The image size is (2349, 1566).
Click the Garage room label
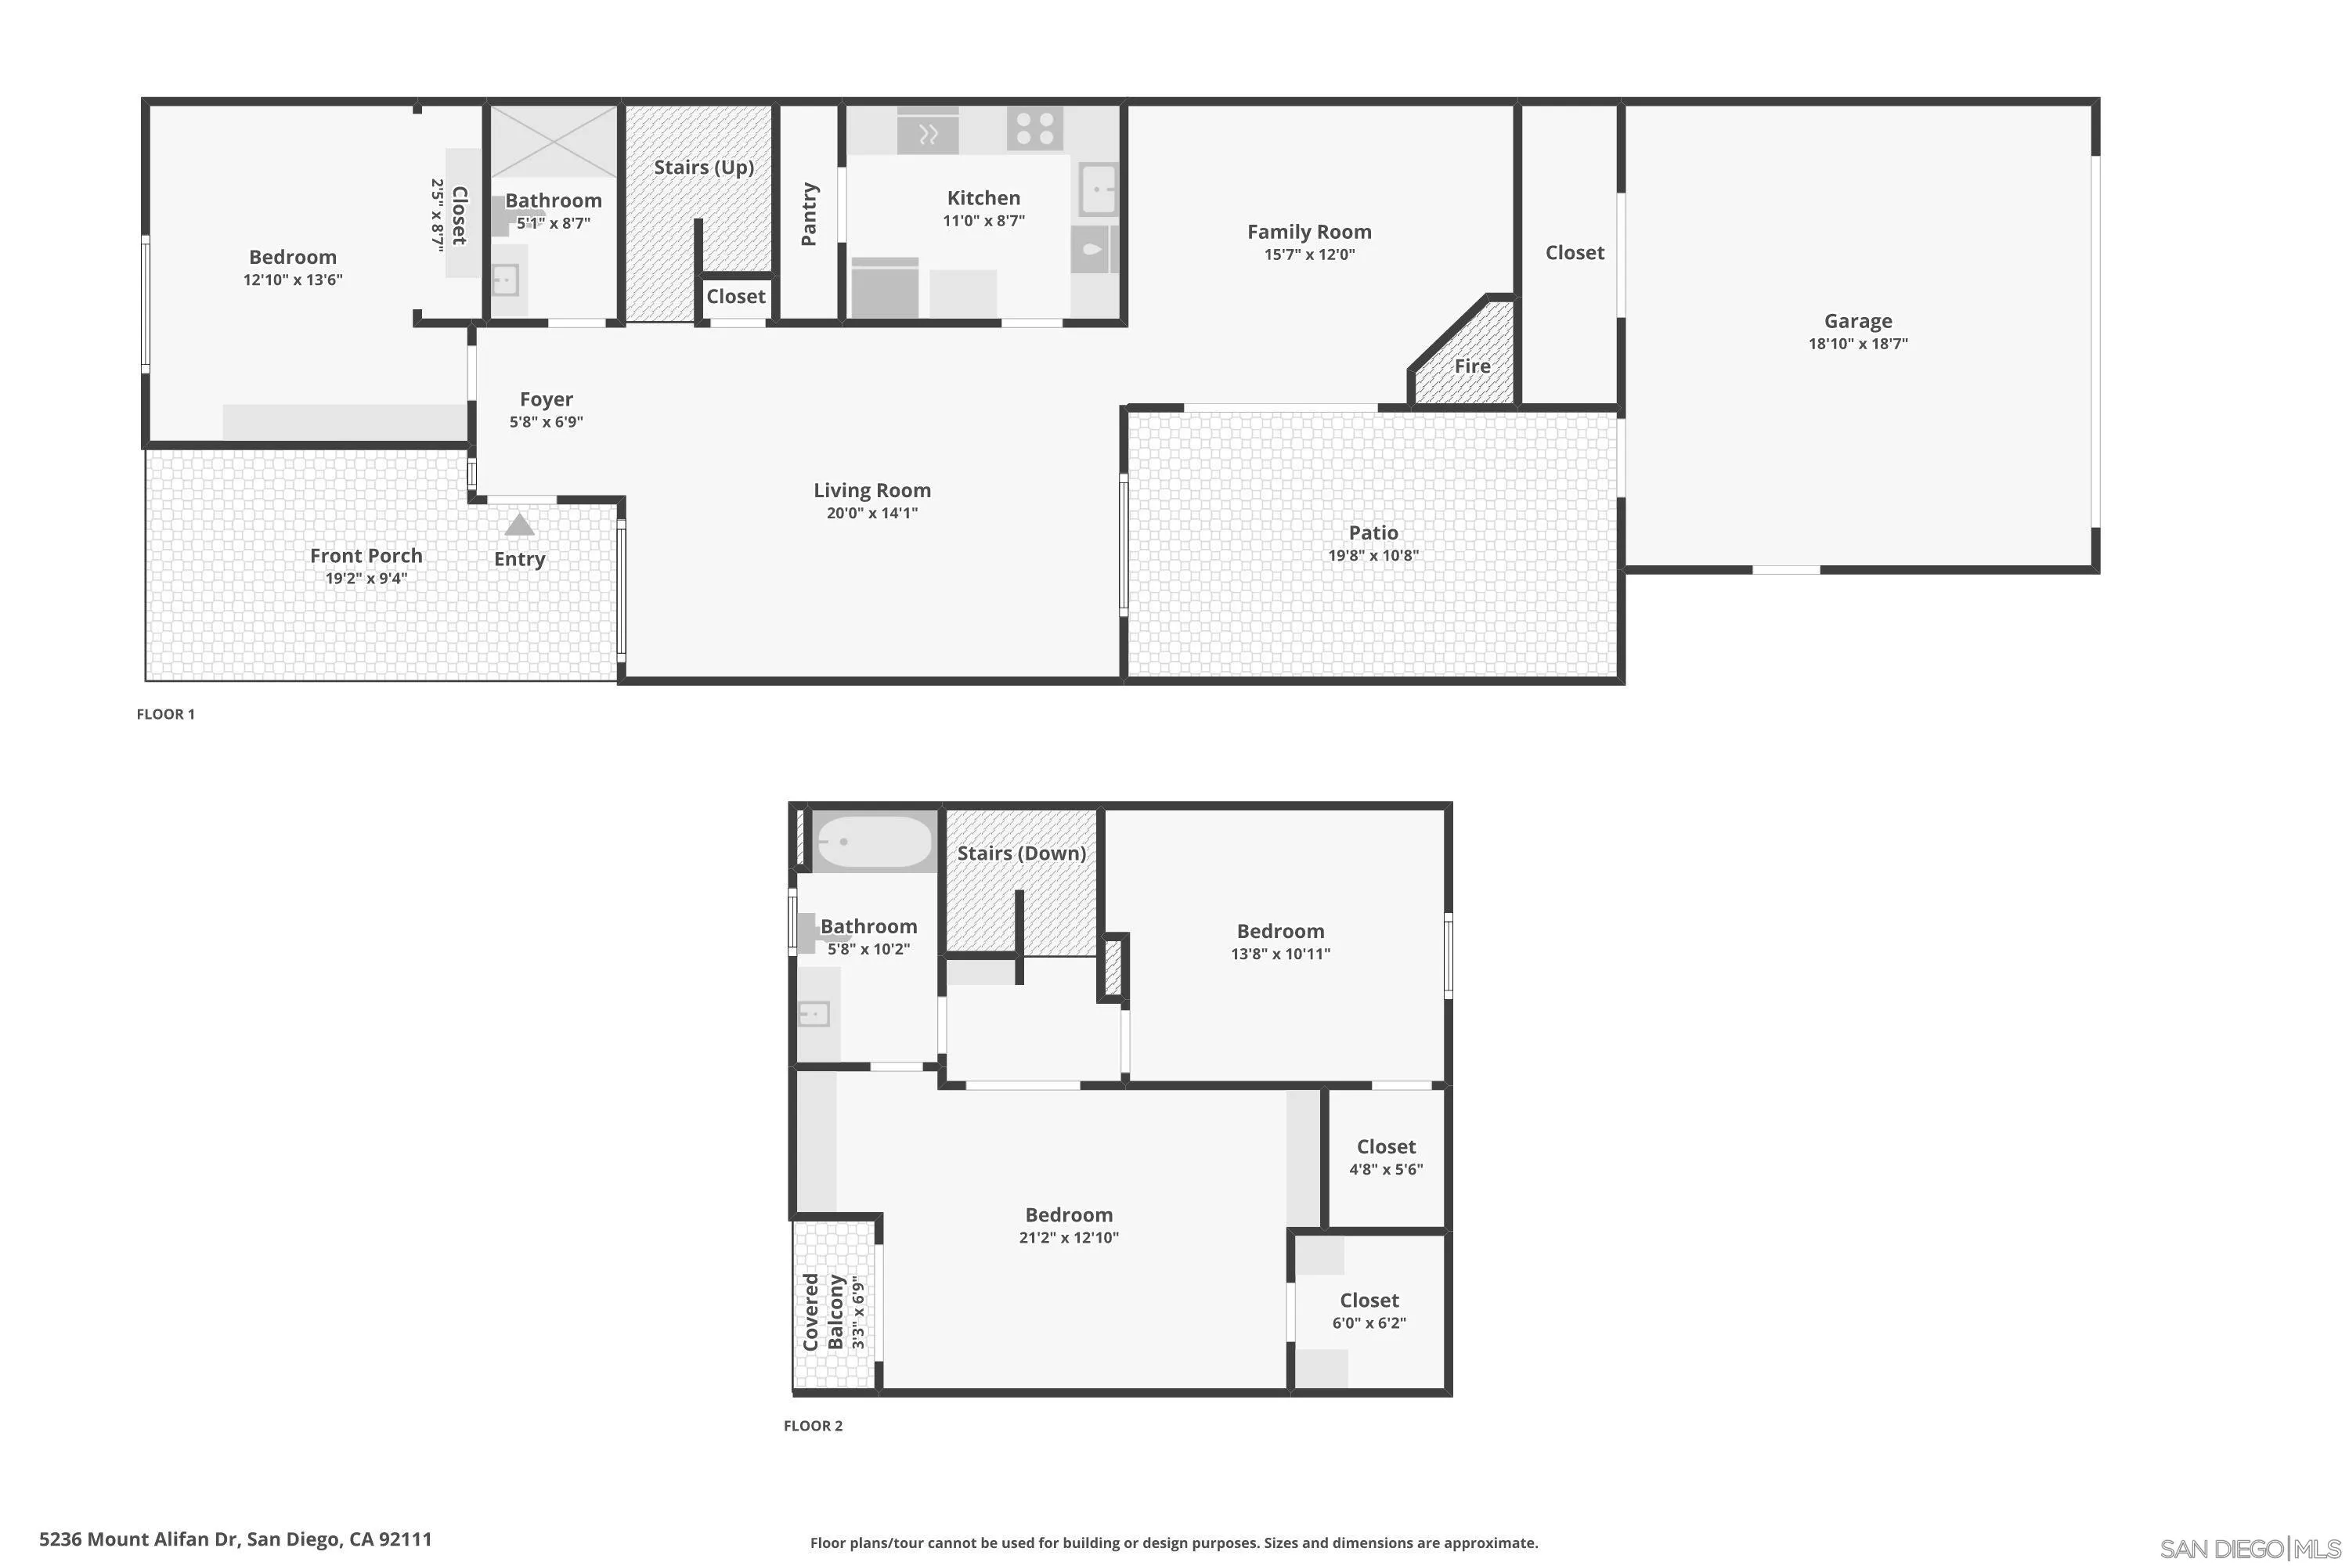(1857, 320)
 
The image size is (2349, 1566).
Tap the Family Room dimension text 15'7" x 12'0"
(1309, 254)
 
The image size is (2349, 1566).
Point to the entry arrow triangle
(519, 525)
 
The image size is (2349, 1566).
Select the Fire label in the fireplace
(1472, 366)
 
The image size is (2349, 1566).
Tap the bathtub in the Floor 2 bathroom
(873, 842)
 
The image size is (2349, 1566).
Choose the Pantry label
(809, 214)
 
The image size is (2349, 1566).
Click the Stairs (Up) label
(704, 167)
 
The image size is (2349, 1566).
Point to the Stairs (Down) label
(1022, 853)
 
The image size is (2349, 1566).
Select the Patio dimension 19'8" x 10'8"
(1373, 555)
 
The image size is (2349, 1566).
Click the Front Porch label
(366, 555)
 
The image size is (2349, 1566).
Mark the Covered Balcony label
(823, 1312)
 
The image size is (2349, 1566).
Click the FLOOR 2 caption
(813, 1425)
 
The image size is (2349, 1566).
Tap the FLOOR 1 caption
(166, 714)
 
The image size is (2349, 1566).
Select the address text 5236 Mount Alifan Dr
(139, 1539)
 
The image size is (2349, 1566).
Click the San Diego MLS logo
(2252, 1549)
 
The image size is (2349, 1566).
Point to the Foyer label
(547, 399)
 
